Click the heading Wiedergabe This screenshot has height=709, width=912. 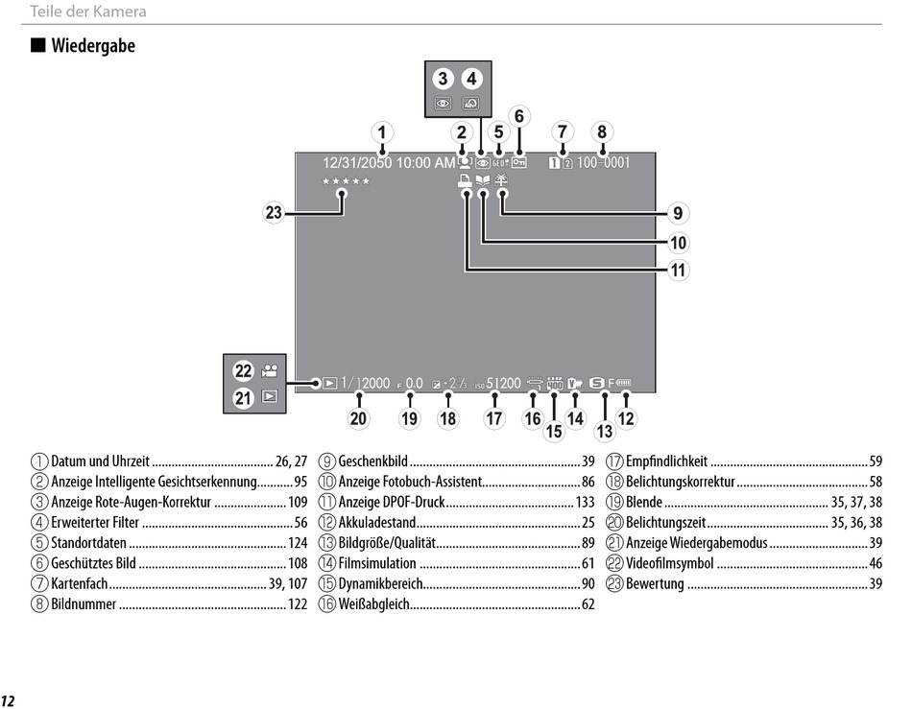(93, 46)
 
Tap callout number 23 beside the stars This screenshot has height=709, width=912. (274, 213)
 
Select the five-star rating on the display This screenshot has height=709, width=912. (346, 181)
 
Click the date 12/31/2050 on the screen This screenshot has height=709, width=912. (357, 163)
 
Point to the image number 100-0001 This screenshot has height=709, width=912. (603, 163)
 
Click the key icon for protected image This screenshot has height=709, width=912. (518, 163)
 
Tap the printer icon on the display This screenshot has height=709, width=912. (465, 181)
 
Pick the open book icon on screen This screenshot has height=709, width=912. (483, 181)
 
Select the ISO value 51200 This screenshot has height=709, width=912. (504, 383)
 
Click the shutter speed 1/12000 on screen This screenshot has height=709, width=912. (365, 383)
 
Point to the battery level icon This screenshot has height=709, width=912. (623, 383)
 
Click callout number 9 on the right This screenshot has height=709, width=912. (678, 213)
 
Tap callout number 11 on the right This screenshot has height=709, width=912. (678, 271)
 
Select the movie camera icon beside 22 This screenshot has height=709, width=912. (270, 370)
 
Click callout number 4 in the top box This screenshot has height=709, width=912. (471, 79)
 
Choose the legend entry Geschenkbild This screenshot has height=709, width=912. (372, 461)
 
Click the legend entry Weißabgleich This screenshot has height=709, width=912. (374, 604)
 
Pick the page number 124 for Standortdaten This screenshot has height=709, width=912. (298, 543)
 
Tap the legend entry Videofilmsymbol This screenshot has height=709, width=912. (669, 564)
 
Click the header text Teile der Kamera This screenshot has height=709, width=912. (88, 12)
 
